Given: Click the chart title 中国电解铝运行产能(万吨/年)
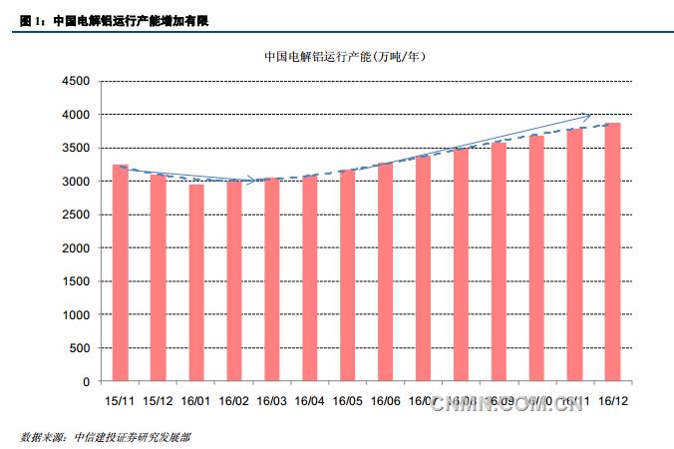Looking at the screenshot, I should [345, 57].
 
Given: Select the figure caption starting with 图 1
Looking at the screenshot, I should [115, 18].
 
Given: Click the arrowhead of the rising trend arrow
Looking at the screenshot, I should [588, 114].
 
